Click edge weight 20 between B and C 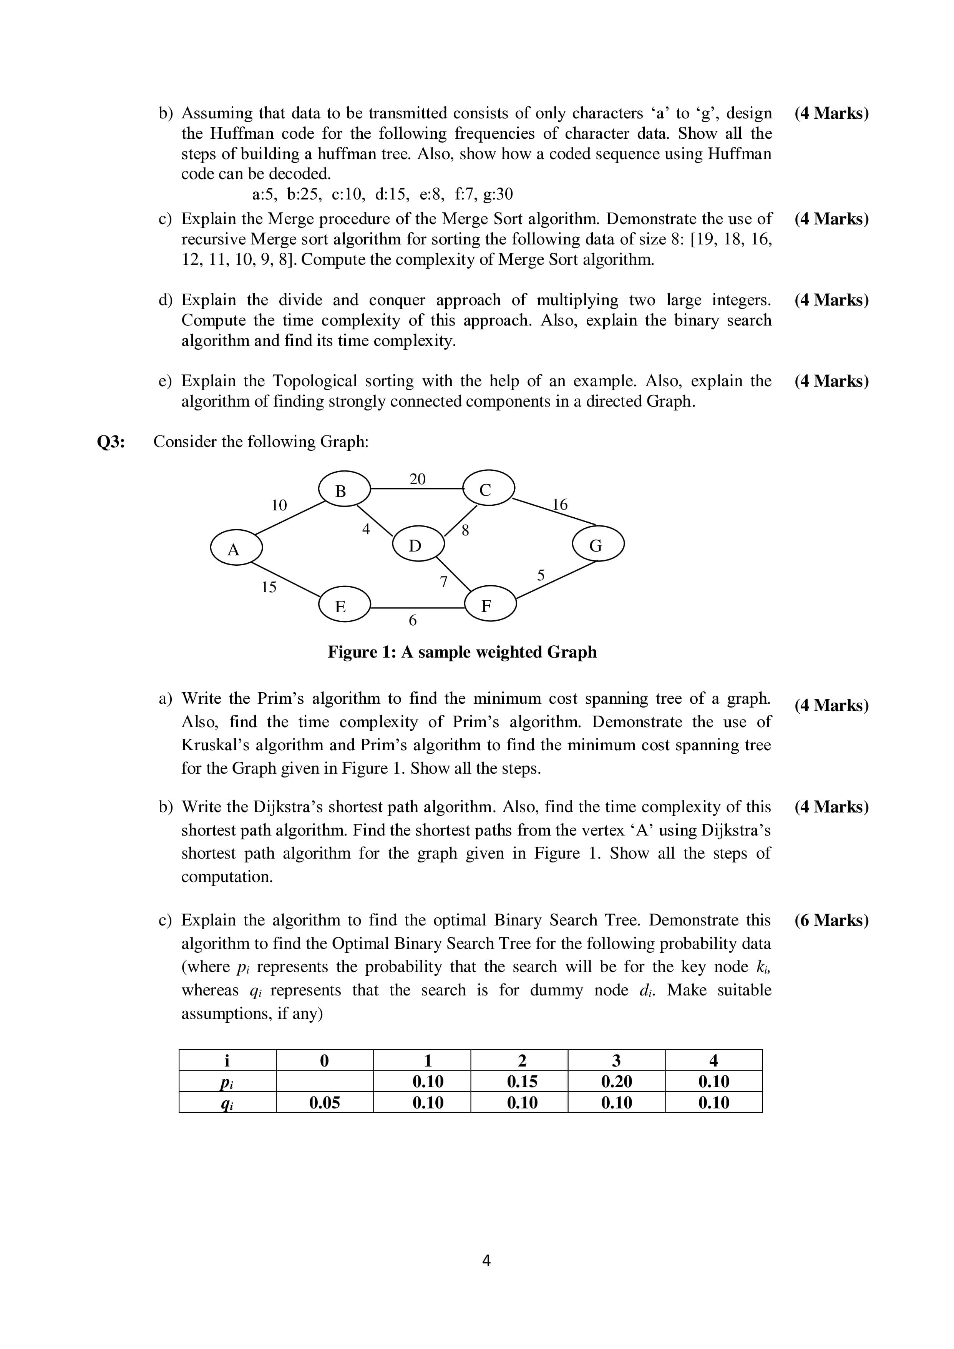coord(417,479)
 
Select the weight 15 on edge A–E coord(269,586)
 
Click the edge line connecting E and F coord(417,607)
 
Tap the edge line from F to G coord(555,581)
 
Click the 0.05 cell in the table coord(324,1102)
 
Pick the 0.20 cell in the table coord(616,1081)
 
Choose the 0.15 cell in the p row coord(522,1081)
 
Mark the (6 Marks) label coord(831,920)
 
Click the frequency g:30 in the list coord(498,194)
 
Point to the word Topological coord(314,381)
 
